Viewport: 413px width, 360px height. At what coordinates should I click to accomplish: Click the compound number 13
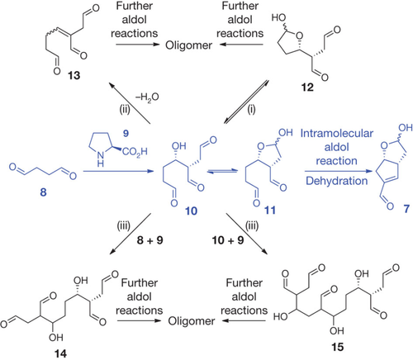click(74, 75)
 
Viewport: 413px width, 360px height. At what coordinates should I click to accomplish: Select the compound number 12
click(307, 88)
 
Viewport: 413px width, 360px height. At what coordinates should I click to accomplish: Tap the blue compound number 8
click(43, 192)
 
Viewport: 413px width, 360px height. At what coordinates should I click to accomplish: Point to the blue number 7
click(406, 209)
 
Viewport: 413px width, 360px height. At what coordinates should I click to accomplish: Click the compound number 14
click(60, 353)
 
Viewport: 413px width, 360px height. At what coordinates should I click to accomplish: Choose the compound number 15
click(337, 347)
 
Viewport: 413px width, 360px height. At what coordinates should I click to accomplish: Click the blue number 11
click(270, 211)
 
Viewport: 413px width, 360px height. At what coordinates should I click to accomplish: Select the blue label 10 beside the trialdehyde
click(191, 211)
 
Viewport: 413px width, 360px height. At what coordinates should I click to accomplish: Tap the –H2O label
click(147, 97)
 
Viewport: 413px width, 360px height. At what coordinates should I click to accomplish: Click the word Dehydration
click(337, 181)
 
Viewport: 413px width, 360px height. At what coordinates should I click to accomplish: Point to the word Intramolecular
click(337, 133)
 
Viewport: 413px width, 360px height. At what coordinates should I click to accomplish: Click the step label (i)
click(251, 110)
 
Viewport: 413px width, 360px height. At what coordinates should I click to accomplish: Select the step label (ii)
click(125, 110)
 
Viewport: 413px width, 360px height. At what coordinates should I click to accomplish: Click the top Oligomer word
click(188, 45)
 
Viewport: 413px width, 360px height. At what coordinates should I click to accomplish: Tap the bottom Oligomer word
click(192, 321)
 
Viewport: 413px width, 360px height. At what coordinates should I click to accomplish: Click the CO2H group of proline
click(135, 151)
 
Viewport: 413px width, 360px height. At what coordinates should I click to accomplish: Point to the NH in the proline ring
click(101, 159)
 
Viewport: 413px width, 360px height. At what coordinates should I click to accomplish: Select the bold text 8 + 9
click(150, 240)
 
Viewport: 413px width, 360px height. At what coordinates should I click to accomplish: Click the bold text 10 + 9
click(228, 240)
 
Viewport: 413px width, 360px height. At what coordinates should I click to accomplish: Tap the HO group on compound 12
click(278, 18)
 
